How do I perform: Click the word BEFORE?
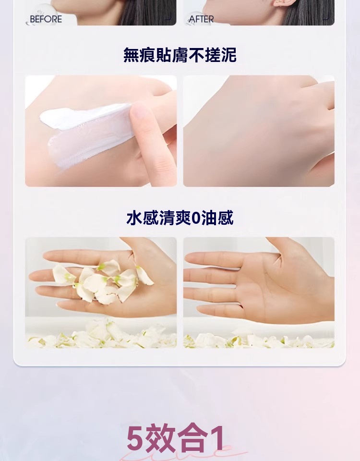coord(46,19)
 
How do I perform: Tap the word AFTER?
coord(201,19)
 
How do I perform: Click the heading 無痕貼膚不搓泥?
coord(180,55)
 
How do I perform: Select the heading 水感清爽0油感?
coord(180,218)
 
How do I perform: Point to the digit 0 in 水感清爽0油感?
coord(195,218)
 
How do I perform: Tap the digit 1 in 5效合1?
coord(217,438)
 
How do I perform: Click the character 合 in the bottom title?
coord(193,438)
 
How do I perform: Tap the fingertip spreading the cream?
coord(140,112)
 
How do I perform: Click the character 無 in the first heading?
coord(131,55)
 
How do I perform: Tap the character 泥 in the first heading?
coord(228,55)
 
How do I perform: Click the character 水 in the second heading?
coord(134,218)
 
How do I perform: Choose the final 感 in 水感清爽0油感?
coord(226,218)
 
